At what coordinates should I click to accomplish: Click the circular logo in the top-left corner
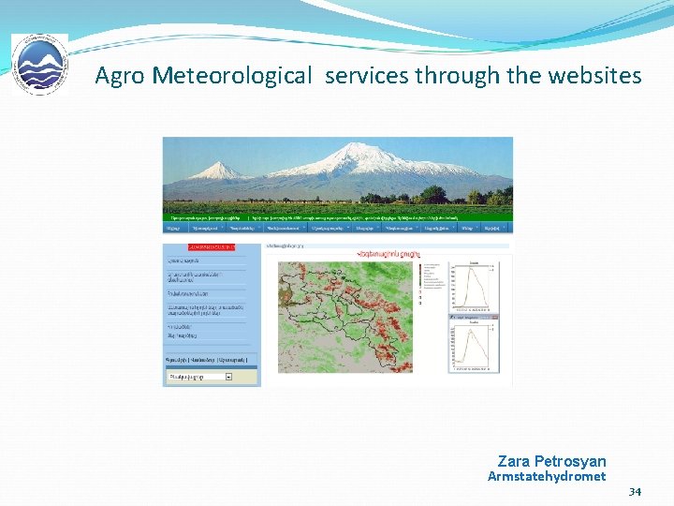point(39,65)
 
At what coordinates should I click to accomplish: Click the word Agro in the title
point(120,76)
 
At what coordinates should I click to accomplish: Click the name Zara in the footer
point(513,461)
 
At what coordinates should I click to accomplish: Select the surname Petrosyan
point(570,461)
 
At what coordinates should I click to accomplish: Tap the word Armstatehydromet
point(547,477)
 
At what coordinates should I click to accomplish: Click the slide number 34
point(635,492)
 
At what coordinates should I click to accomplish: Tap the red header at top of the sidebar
point(199,246)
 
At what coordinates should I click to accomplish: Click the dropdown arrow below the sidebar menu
point(228,377)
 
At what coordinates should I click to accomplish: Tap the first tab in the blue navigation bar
point(173,227)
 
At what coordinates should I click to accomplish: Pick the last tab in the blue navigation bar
point(492,227)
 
